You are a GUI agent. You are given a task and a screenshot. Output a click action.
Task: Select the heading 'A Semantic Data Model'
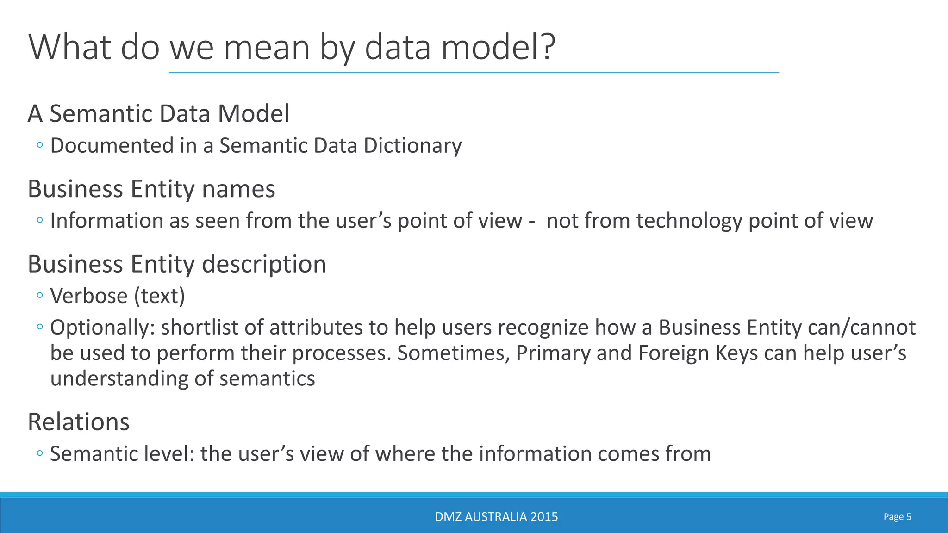[x=159, y=114]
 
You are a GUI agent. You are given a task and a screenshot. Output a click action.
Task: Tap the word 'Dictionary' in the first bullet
[x=412, y=146]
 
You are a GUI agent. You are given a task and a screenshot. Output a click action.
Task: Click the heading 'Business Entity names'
[x=151, y=189]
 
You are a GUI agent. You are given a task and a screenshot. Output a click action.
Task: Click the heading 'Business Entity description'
[x=177, y=264]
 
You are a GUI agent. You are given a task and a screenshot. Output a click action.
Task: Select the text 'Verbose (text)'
[x=118, y=296]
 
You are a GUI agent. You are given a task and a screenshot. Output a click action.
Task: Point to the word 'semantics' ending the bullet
[x=267, y=378]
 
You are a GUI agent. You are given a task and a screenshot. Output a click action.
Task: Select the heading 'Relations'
[x=79, y=422]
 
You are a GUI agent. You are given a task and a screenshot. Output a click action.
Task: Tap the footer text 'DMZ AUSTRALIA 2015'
[x=496, y=517]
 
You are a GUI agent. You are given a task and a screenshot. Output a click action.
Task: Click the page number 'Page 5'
[x=897, y=517]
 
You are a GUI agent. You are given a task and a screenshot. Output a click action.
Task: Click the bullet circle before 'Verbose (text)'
[x=40, y=295]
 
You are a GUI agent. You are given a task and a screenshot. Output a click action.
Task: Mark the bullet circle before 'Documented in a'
[x=40, y=145]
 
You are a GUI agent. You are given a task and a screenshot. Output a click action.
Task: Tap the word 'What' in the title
[x=70, y=47]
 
